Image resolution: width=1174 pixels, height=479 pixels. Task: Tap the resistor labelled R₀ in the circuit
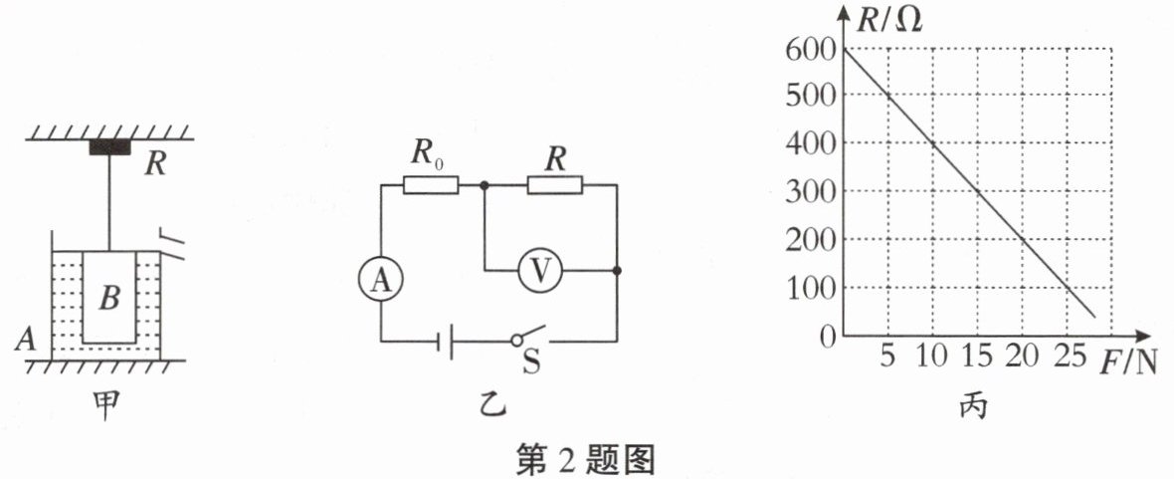tap(431, 184)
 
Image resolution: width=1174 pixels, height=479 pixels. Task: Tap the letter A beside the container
tap(25, 342)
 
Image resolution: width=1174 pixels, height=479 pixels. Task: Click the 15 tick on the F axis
tap(978, 356)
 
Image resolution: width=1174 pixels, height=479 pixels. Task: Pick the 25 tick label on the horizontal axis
tap(1069, 356)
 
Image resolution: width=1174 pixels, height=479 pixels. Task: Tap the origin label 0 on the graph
tap(825, 337)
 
